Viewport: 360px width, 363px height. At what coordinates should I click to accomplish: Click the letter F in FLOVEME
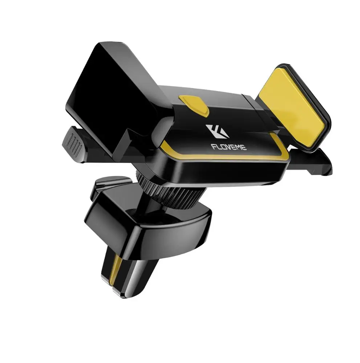click(x=213, y=147)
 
